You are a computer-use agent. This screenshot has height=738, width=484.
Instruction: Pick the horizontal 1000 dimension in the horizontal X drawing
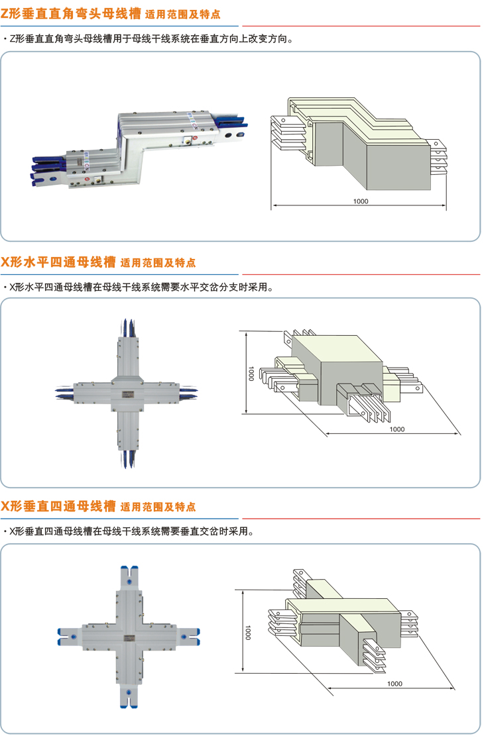pyautogui.click(x=396, y=429)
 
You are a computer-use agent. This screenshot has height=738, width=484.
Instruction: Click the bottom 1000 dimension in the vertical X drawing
pyautogui.click(x=394, y=683)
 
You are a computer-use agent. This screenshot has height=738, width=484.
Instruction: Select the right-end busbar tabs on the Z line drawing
pyautogui.click(x=437, y=155)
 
